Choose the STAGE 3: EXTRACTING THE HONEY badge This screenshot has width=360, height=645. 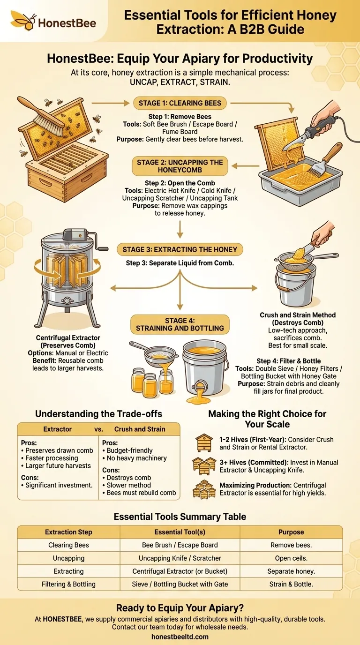tap(180, 249)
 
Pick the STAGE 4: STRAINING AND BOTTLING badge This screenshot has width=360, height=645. tap(180, 324)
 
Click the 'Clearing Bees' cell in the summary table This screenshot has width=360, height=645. tap(68, 545)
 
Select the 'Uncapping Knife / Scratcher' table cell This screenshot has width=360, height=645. tap(180, 558)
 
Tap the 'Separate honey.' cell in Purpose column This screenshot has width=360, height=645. tap(291, 571)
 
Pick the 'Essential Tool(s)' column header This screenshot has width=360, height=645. tap(180, 532)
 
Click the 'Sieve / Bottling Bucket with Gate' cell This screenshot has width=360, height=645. tap(180, 584)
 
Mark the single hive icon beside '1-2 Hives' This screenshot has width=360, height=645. tap(204, 442)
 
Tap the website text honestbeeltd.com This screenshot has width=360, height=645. tap(180, 637)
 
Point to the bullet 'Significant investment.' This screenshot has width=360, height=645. tap(59, 485)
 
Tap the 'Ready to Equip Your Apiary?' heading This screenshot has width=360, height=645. tap(180, 608)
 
